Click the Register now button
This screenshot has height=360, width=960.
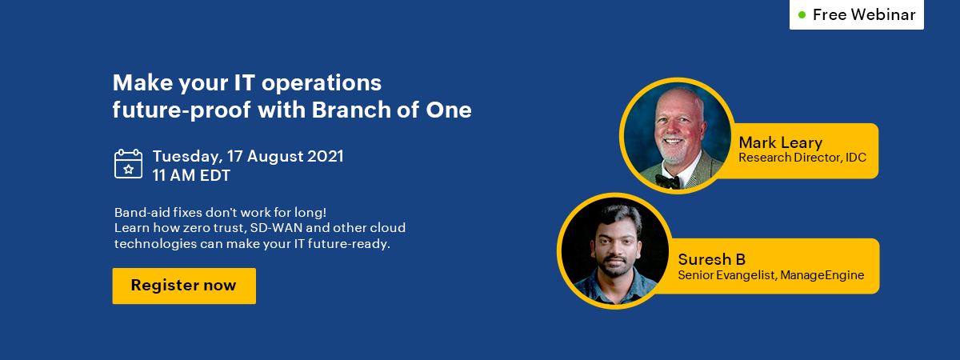click(184, 286)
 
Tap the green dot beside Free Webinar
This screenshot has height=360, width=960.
click(802, 15)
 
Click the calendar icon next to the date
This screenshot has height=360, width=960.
click(129, 164)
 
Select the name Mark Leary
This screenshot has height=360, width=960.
click(781, 142)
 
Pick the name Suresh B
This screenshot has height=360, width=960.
click(712, 259)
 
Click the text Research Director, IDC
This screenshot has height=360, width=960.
click(802, 158)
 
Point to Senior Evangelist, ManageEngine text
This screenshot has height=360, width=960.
click(771, 275)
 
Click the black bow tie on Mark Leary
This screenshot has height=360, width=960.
click(667, 181)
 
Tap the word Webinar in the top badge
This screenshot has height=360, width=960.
click(883, 14)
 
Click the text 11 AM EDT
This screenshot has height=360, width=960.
click(191, 175)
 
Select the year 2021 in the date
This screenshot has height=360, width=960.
click(326, 156)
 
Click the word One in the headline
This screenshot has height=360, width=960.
click(449, 110)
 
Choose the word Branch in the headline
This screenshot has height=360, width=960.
click(351, 110)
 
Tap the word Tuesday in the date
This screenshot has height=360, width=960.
click(188, 157)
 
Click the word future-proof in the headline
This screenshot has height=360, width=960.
click(182, 110)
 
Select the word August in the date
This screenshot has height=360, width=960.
click(274, 157)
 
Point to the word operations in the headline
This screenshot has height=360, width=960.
click(322, 83)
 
